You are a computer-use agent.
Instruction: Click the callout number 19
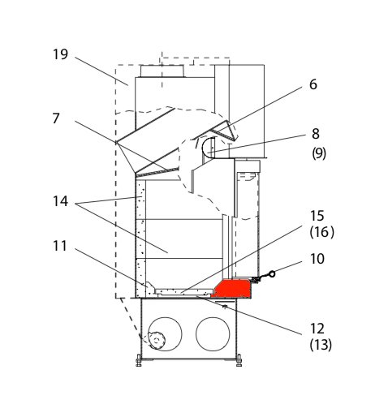60,54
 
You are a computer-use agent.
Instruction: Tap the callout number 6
313,84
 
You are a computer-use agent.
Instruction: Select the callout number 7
56,118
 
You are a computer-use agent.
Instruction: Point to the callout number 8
316,134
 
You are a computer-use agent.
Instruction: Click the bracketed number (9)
319,153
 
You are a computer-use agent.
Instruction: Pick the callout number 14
60,201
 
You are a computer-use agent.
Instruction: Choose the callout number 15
317,216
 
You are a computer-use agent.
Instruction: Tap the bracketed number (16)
322,232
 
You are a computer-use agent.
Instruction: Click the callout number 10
317,259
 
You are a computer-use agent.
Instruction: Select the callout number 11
60,246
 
